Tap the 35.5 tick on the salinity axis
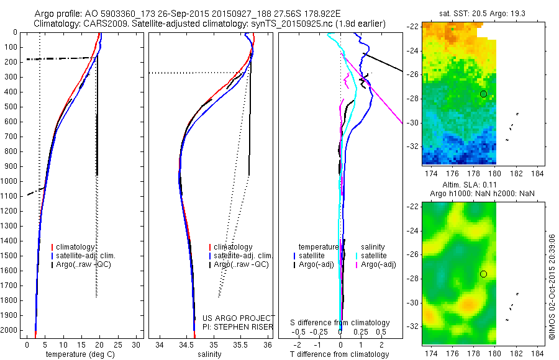[x=240, y=344]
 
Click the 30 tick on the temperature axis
[x=136, y=344]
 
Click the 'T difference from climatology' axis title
[x=340, y=355]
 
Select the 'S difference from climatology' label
[x=340, y=323]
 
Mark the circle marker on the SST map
[x=483, y=94]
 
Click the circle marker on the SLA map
[x=483, y=274]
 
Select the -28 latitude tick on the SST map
[x=412, y=98]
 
